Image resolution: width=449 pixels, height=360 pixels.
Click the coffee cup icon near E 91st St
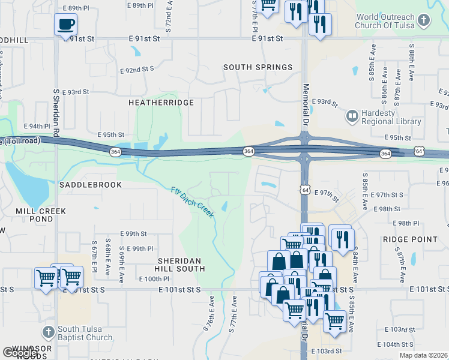(x=66, y=25)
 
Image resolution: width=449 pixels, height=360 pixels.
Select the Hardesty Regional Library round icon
(x=352, y=115)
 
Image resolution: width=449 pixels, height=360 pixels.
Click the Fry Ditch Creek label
(x=193, y=202)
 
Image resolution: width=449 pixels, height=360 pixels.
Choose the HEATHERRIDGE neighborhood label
(x=161, y=103)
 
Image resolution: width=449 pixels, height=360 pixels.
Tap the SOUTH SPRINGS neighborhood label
(x=258, y=67)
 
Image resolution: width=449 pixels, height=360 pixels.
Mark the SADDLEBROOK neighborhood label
(x=90, y=185)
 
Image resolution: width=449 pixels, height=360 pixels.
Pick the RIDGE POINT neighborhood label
(x=410, y=239)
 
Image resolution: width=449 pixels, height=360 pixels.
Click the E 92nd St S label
(x=137, y=70)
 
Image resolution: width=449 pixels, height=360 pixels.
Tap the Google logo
(x=19, y=353)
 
